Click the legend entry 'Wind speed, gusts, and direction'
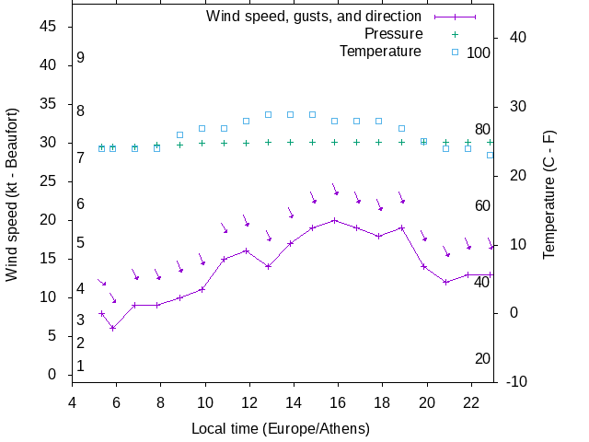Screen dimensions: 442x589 pos(313,17)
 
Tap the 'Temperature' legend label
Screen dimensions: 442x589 pos(380,52)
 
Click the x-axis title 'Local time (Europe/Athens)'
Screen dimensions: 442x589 pos(281,429)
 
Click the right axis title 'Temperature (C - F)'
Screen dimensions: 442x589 pos(549,193)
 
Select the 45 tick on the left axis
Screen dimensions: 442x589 pos(50,28)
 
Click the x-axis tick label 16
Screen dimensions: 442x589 pos(338,401)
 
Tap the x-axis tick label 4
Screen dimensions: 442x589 pos(72,401)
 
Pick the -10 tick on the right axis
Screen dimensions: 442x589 pos(515,381)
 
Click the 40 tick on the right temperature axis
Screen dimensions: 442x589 pos(516,38)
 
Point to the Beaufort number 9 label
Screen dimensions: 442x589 pos(81,58)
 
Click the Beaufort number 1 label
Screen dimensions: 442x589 pos(81,366)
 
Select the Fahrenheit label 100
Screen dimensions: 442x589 pos(479,52)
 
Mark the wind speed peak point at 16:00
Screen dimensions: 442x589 pos(335,220)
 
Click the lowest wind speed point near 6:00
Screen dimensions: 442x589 pos(113,328)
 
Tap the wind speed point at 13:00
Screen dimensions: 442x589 pos(269,266)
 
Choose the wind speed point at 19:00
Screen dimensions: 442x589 pos(401,227)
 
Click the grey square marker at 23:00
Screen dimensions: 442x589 pos(490,155)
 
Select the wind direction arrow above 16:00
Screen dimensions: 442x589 pos(336,190)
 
